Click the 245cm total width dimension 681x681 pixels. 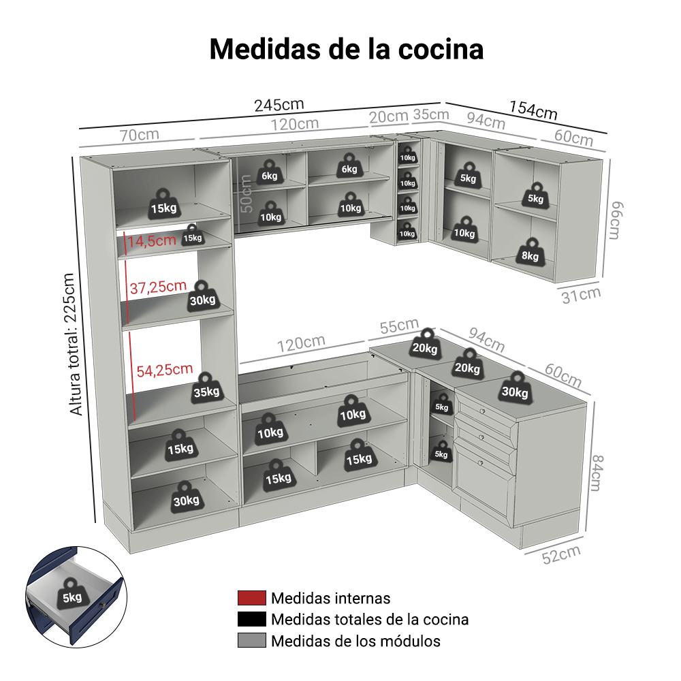[279, 105]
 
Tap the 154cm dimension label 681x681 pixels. [533, 110]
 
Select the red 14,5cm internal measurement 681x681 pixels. [152, 240]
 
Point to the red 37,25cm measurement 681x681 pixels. [158, 287]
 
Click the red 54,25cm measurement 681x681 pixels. [165, 370]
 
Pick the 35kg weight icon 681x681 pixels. [207, 389]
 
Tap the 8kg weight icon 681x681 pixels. [530, 251]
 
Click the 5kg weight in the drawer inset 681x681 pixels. [73, 594]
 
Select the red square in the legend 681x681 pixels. [251, 598]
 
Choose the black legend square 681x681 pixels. [251, 619]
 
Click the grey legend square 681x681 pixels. [251, 640]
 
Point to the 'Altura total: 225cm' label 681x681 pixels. [73, 345]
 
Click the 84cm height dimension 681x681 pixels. [598, 473]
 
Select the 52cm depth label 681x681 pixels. [561, 554]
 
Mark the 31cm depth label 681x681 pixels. [581, 295]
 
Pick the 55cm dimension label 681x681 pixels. [399, 326]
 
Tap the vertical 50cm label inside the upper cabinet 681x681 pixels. [246, 193]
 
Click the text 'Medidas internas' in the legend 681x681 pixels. [330, 598]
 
